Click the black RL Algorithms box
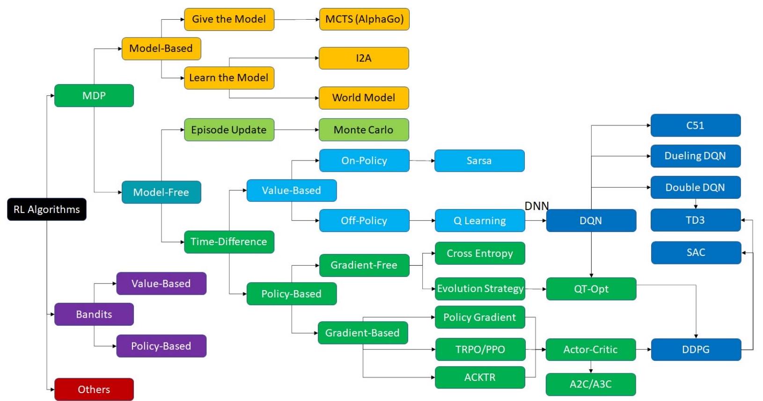click(47, 209)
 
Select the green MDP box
click(94, 95)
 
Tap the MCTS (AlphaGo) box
click(364, 19)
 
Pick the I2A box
click(364, 58)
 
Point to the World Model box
click(364, 98)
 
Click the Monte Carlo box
click(364, 130)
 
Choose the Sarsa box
click(479, 160)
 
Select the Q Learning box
click(479, 220)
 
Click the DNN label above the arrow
click(536, 206)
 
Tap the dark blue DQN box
click(591, 220)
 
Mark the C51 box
click(696, 125)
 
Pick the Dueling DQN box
click(696, 156)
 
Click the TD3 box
click(696, 220)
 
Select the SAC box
click(696, 253)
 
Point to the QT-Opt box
click(591, 289)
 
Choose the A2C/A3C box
click(591, 384)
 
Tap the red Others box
click(94, 389)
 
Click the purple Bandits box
click(94, 314)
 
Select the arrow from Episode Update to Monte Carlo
click(296, 130)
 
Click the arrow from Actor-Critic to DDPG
click(643, 350)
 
